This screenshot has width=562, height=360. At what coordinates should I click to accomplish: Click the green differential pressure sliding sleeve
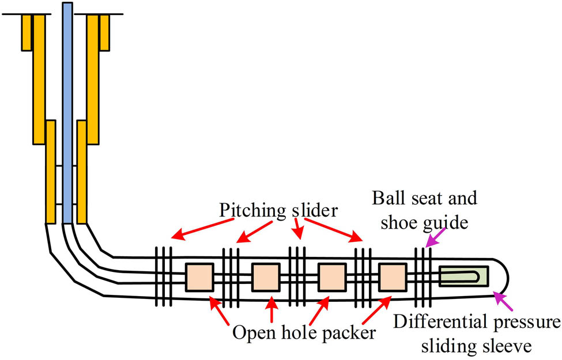(x=463, y=276)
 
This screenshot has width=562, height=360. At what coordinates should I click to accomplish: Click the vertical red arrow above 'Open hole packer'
(x=271, y=309)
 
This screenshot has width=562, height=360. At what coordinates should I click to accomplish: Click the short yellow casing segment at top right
(x=104, y=32)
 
